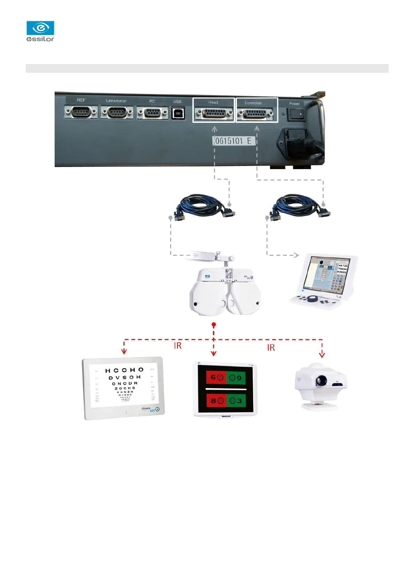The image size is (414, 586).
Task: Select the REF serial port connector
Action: pos(81,112)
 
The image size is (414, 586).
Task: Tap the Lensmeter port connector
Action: pos(117,112)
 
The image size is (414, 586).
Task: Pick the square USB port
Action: pos(178,113)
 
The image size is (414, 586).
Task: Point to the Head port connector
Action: pos(214,113)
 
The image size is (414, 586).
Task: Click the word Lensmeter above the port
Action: pos(117,101)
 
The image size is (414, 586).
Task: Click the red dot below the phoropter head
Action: pos(214,325)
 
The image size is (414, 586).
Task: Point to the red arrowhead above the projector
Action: pos(322,355)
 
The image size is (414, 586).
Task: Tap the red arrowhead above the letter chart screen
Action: pos(124,351)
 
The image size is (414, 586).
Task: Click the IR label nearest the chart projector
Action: pos(271,347)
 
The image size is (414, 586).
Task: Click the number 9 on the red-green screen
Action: pos(239,378)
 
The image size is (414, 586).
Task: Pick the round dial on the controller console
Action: pos(314,299)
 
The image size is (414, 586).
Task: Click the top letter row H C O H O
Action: pos(124,370)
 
